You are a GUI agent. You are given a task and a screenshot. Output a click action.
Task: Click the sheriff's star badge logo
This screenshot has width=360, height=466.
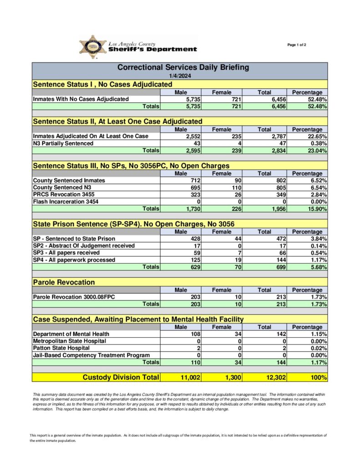pos(93,46)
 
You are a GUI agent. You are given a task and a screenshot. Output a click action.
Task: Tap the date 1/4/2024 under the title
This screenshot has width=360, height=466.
pos(179,76)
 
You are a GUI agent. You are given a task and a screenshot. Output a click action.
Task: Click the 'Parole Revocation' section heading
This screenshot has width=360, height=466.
pos(64,282)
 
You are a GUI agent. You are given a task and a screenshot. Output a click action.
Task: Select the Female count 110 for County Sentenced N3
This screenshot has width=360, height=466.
pos(235,187)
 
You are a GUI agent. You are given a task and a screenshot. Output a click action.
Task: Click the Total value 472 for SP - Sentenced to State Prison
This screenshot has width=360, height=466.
pos(279,238)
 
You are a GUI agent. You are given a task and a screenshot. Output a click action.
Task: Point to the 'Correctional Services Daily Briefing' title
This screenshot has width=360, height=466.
pos(183,67)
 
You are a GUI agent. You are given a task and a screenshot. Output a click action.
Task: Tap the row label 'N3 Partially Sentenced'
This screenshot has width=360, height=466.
pos(63,143)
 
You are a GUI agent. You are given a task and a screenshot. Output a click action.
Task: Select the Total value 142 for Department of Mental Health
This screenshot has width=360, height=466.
pos(279,334)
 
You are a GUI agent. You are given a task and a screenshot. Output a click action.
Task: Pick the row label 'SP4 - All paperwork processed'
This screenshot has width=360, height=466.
pos(74,260)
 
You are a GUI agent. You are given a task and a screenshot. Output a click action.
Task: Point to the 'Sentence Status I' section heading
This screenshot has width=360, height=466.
pos(102,84)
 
